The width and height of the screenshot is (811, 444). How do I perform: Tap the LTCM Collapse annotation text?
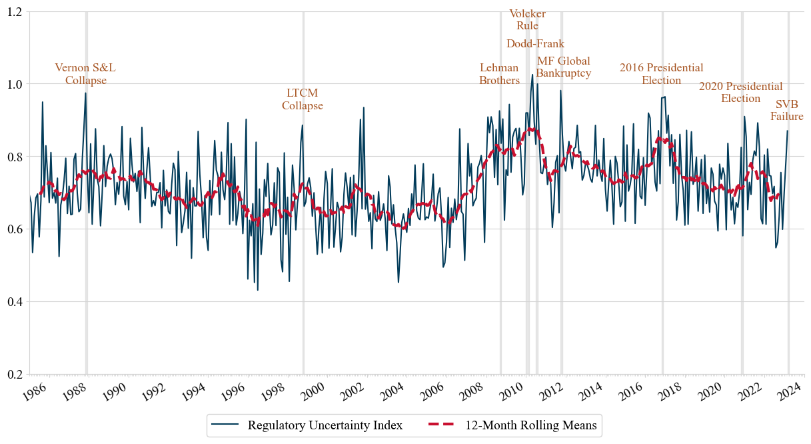(x=302, y=99)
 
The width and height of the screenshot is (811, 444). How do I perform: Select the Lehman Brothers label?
(x=499, y=74)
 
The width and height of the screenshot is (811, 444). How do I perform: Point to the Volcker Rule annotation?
(x=527, y=19)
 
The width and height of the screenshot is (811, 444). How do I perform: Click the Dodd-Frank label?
(x=535, y=44)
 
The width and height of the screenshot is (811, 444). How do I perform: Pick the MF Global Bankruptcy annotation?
(x=563, y=67)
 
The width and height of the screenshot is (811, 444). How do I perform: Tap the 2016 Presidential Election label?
(x=661, y=74)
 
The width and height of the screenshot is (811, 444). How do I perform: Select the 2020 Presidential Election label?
(x=740, y=93)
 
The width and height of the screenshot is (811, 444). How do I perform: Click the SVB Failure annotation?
(x=786, y=111)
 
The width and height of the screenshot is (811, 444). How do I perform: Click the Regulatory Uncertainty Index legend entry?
(x=325, y=425)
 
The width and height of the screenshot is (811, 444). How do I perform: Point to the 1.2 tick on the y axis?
(x=14, y=12)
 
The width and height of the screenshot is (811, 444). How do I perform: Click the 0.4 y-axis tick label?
(x=14, y=302)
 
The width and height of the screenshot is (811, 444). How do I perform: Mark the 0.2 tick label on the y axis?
(x=14, y=375)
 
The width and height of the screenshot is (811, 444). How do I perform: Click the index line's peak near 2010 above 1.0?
(x=532, y=75)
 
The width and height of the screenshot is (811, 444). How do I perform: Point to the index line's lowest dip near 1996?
(x=257, y=289)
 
